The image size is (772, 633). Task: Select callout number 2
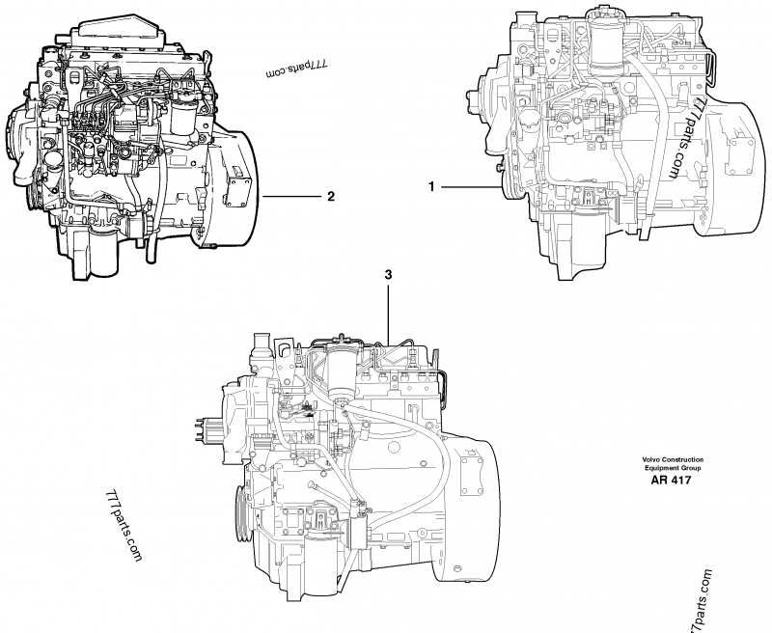[331, 197]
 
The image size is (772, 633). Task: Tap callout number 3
[388, 275]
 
